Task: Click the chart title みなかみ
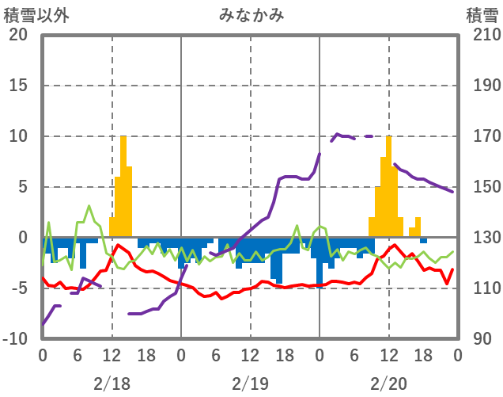coord(251,14)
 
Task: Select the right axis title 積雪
coord(481,14)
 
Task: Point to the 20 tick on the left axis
coord(17,35)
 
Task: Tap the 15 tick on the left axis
coord(17,86)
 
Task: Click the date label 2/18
coord(112,384)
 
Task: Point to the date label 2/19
coord(250,384)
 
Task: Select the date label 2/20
coord(388,384)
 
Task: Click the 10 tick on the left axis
coord(17,136)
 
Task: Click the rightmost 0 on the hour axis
coord(457,355)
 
